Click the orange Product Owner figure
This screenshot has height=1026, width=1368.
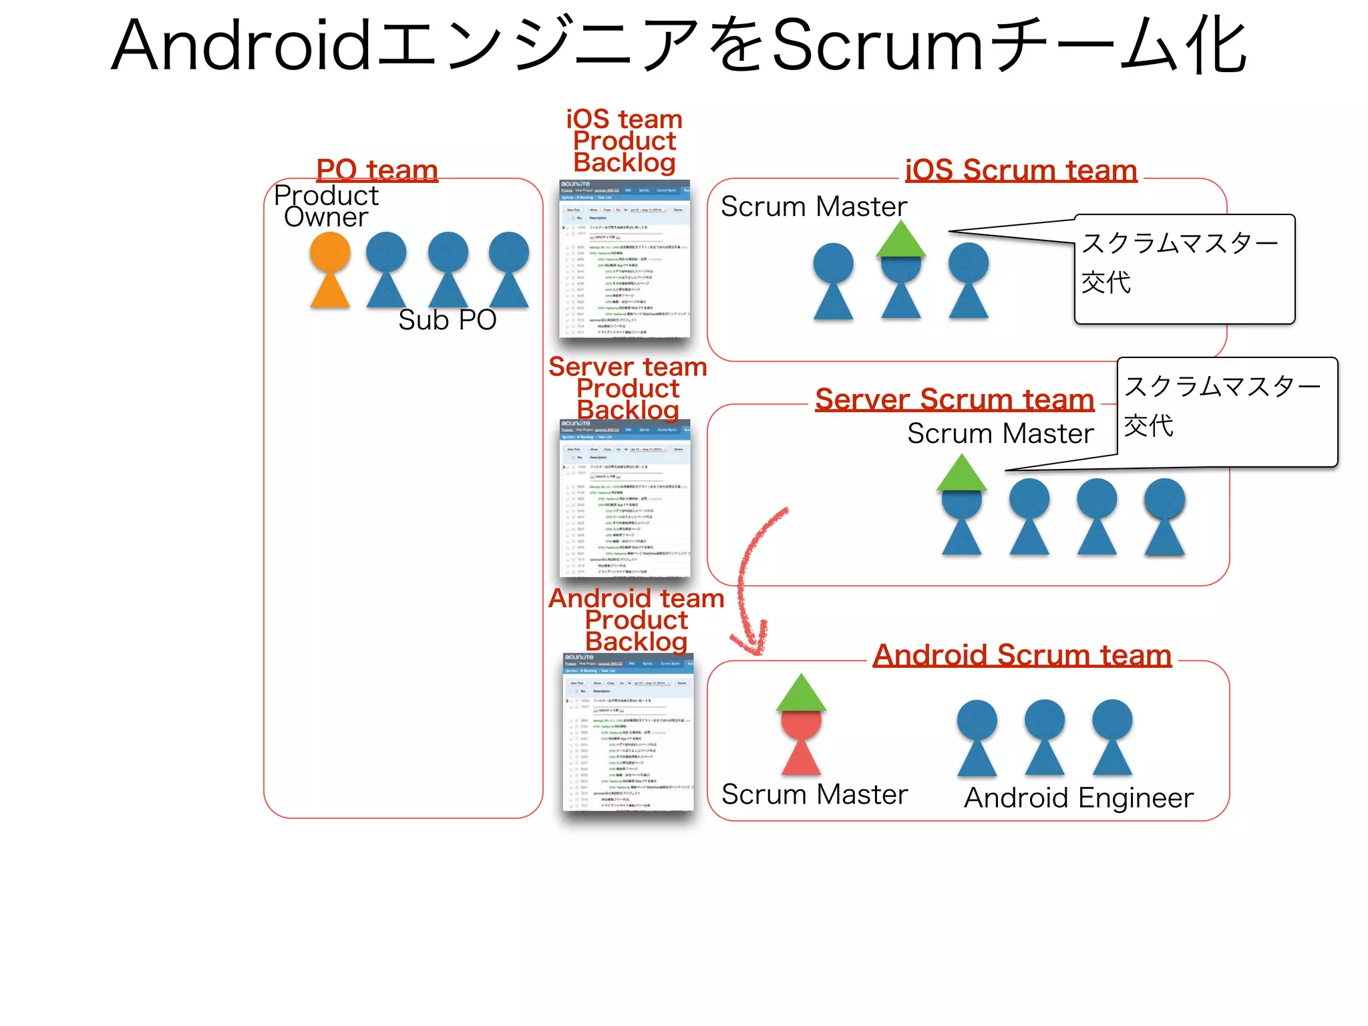point(330,271)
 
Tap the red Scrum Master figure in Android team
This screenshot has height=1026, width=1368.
point(801,741)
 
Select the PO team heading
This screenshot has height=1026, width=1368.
point(377,170)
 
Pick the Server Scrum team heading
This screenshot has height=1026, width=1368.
point(955,399)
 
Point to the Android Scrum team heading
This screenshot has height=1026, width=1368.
point(1022,655)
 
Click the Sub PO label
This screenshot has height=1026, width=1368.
point(447,320)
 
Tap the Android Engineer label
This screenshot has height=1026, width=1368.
point(1078,798)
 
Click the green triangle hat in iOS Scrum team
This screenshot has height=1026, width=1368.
point(901,240)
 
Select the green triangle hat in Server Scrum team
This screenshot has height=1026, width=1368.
point(961,474)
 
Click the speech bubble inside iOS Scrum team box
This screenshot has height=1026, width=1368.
point(1184,269)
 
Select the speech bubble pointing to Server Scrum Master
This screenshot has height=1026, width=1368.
point(1227,411)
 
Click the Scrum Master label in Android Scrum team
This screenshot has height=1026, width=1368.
point(814,794)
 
